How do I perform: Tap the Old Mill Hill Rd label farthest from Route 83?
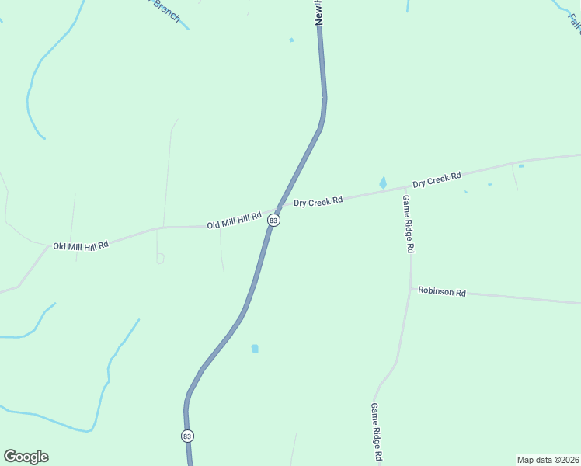click(80, 245)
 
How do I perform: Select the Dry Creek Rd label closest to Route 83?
click(318, 201)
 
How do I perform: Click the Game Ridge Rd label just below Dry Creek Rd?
click(409, 224)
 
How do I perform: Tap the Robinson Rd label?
click(441, 292)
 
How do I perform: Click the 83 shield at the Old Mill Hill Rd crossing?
click(273, 221)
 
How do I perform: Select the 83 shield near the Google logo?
click(187, 436)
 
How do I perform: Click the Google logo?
click(26, 457)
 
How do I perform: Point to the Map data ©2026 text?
click(548, 460)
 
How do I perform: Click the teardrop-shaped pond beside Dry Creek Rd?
click(382, 183)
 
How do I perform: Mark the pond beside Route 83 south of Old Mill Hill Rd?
click(255, 349)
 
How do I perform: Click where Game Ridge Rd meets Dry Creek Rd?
click(405, 188)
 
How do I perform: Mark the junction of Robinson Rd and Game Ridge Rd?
click(411, 288)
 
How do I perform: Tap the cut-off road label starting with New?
click(319, 12)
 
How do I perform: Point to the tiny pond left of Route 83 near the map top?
click(291, 40)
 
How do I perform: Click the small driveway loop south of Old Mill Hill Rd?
click(160, 259)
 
